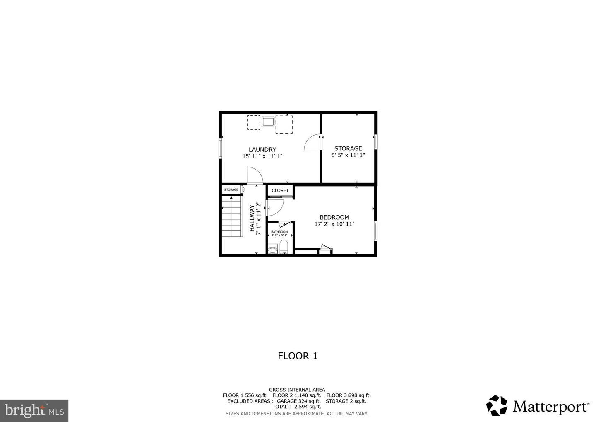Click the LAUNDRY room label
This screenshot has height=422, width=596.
[262, 150]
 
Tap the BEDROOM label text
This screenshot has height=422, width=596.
[334, 217]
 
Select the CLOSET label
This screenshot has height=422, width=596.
[280, 191]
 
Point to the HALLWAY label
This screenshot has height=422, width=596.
[252, 218]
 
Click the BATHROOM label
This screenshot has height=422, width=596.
[279, 232]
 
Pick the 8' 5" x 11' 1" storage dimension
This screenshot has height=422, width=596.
[348, 155]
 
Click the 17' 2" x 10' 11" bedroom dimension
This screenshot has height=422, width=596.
[334, 224]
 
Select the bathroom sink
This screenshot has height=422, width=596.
[272, 250]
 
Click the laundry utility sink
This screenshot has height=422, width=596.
[268, 121]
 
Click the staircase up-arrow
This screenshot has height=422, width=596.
[231, 198]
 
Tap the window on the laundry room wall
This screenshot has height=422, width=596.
[220, 148]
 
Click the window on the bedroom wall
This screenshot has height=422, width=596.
[376, 231]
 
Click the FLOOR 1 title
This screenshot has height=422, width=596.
[298, 356]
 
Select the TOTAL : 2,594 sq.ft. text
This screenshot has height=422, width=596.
[297, 407]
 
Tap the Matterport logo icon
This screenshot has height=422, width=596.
[497, 405]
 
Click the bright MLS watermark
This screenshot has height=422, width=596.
[34, 410]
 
